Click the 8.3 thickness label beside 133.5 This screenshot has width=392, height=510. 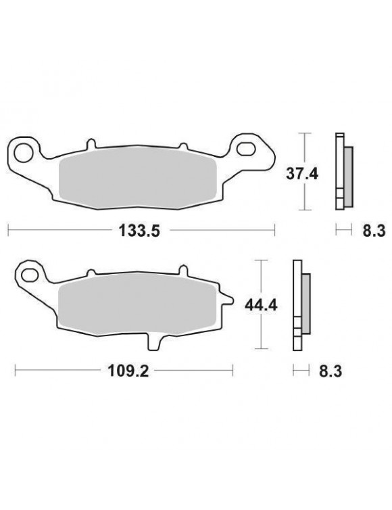[x=372, y=231]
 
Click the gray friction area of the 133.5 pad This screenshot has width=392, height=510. [x=139, y=177]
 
